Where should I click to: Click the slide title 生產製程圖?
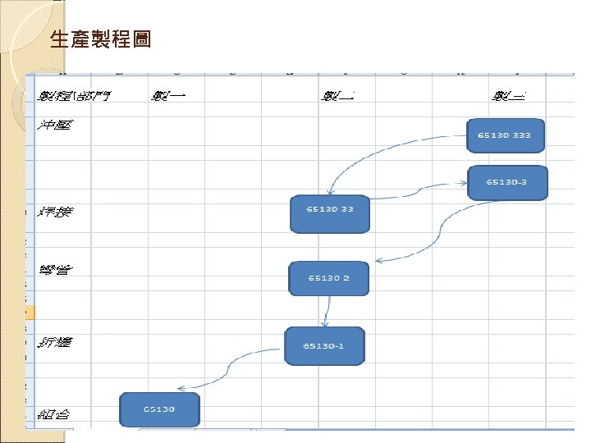[100, 39]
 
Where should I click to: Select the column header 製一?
[169, 96]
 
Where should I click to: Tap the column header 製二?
[337, 96]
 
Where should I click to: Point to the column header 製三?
[509, 96]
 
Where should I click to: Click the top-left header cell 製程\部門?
[75, 96]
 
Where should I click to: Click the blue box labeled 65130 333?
[506, 135]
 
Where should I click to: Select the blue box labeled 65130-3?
[506, 182]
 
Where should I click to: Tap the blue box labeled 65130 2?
[329, 278]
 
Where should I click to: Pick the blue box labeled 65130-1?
[323, 345]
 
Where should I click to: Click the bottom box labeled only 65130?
[159, 409]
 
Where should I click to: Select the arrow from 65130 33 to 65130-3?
[419, 191]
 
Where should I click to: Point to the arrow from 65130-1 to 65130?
[230, 365]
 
